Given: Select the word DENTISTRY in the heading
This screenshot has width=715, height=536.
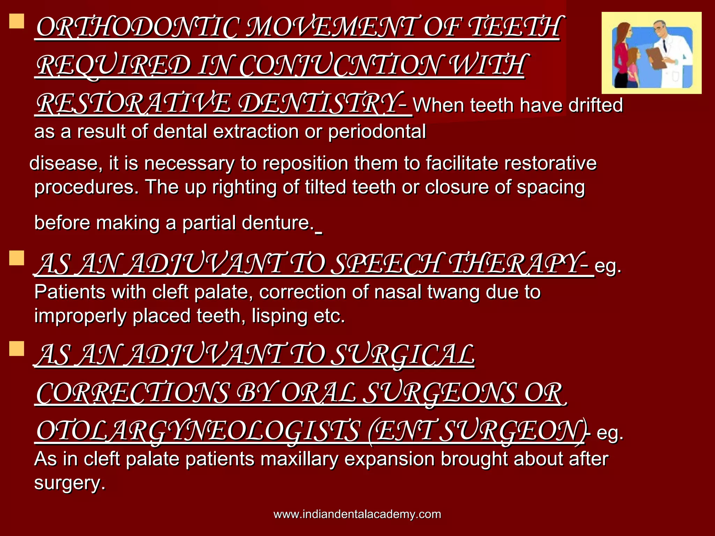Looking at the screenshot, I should (318, 104).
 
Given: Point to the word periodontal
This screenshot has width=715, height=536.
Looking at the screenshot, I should (377, 132).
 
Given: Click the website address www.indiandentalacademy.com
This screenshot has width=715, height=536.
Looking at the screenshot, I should (357, 514).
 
